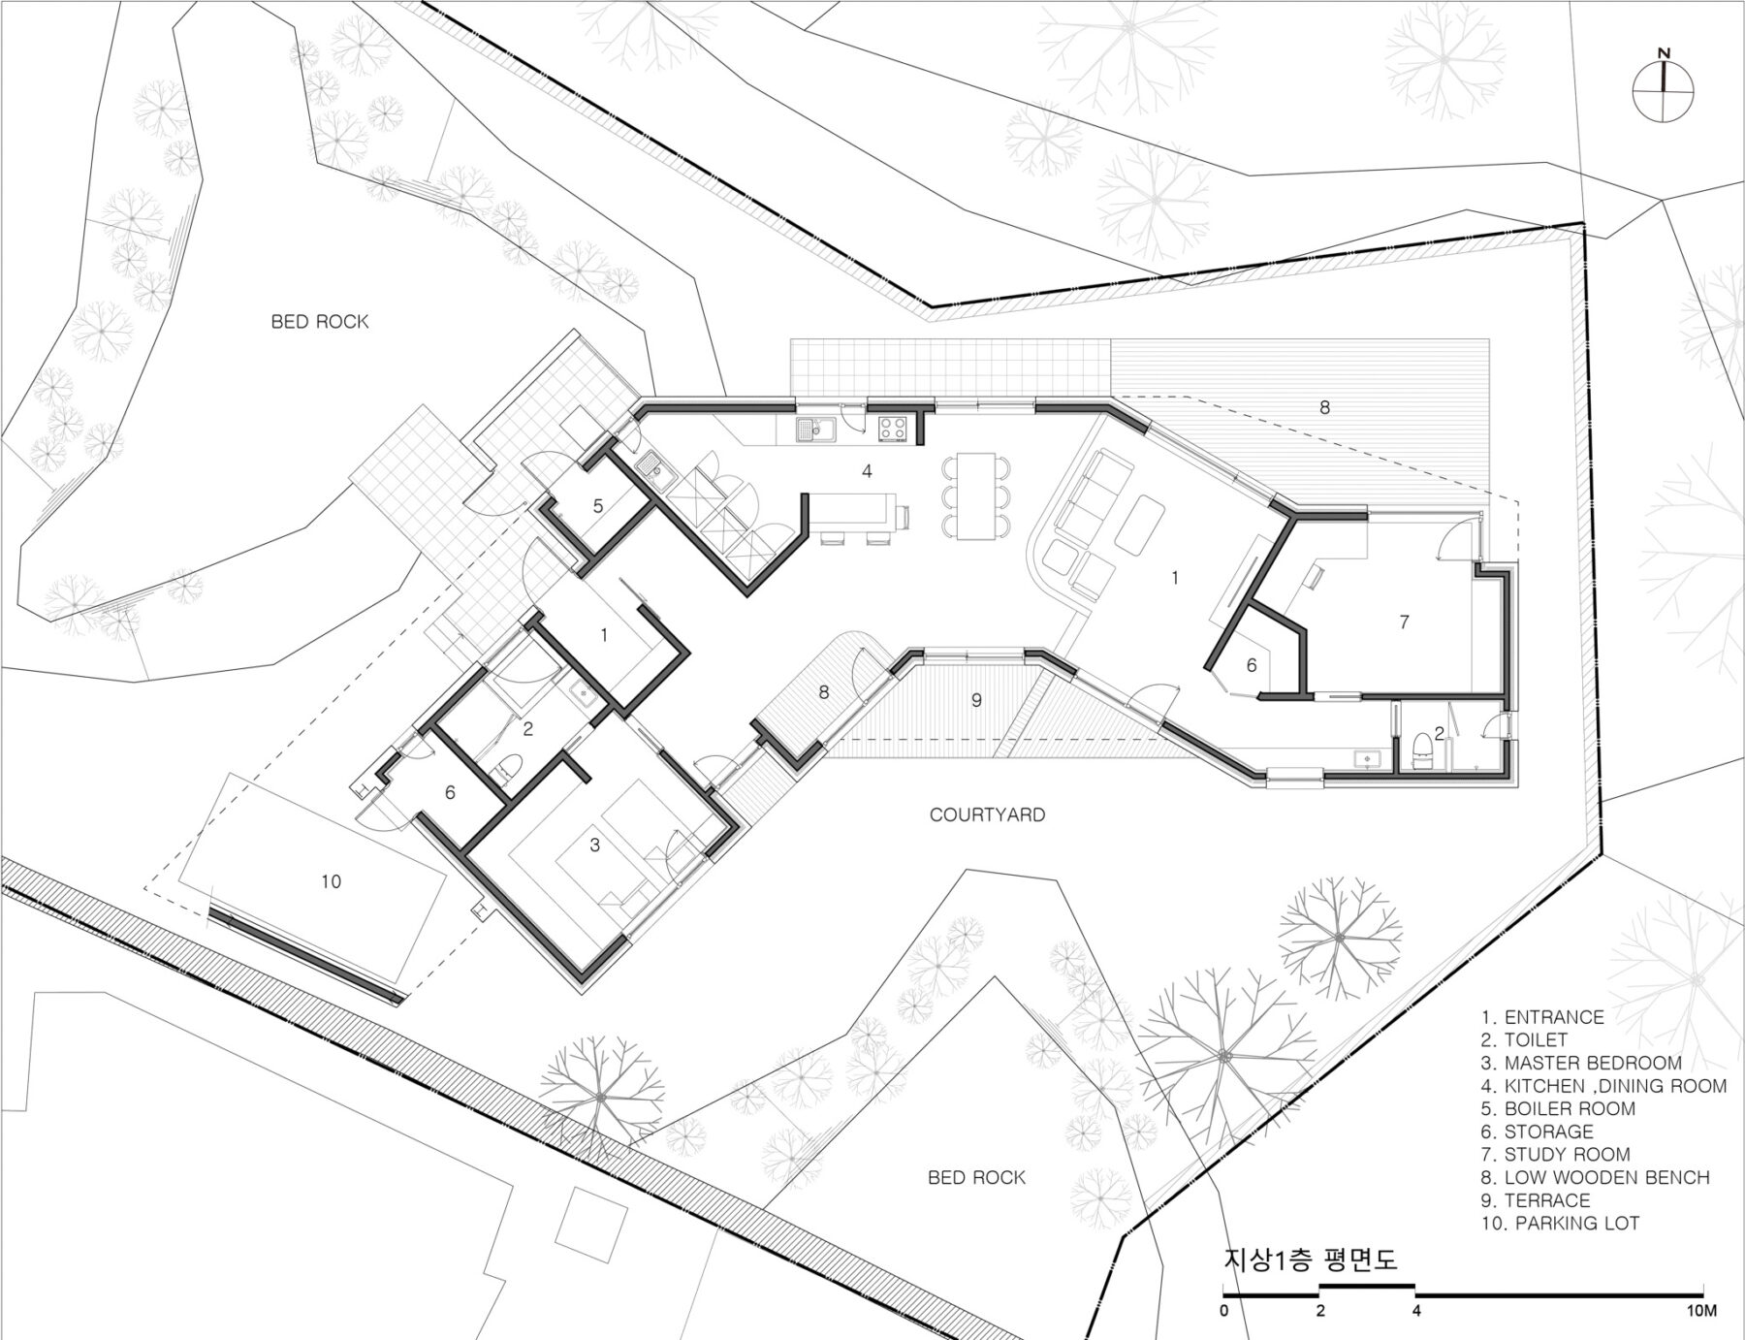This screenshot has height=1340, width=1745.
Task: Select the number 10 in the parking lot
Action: pyautogui.click(x=331, y=881)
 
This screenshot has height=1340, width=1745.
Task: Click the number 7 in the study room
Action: pyautogui.click(x=1404, y=622)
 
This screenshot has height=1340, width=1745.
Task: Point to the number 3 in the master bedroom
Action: pyautogui.click(x=595, y=845)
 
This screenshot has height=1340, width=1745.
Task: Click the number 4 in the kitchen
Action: pyautogui.click(x=868, y=471)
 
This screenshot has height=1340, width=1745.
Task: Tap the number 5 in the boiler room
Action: pyautogui.click(x=598, y=505)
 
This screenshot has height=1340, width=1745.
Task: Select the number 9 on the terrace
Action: pyautogui.click(x=976, y=699)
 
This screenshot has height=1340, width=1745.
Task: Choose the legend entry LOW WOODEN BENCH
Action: pyautogui.click(x=1596, y=1177)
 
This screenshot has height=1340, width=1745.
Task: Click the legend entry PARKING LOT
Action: pyautogui.click(x=1561, y=1223)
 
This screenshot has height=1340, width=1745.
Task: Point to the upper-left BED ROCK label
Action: pyautogui.click(x=320, y=321)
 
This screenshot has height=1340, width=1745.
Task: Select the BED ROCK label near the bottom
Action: pyautogui.click(x=976, y=1177)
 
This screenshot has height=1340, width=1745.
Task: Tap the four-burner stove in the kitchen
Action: pyautogui.click(x=891, y=428)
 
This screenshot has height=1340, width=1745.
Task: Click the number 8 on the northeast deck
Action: pyautogui.click(x=1325, y=407)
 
